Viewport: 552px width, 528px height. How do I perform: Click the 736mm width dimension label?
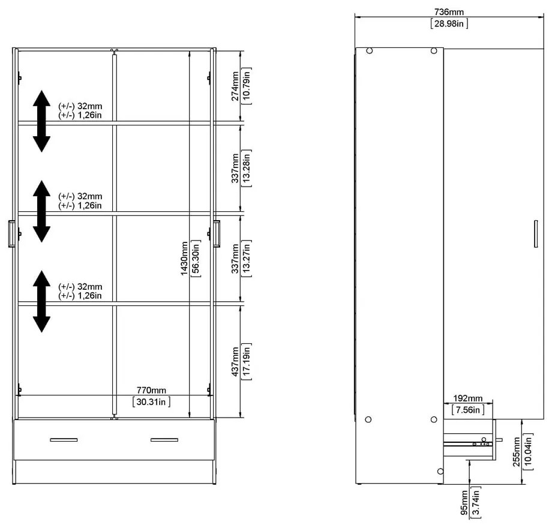pos(449,12)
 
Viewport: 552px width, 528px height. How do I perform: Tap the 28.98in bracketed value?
pos(449,23)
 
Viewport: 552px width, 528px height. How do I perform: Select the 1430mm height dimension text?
pos(184,259)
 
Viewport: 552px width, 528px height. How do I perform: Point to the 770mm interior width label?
pos(151,390)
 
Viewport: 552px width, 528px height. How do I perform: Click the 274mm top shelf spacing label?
pos(235,86)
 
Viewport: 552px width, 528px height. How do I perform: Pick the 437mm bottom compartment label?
pos(235,362)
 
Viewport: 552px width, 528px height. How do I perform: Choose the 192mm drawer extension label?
pos(468,398)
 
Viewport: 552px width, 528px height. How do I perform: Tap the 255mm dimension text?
pos(516,452)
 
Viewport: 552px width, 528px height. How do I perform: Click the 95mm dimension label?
pos(464,503)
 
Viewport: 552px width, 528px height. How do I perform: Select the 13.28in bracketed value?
pos(247,168)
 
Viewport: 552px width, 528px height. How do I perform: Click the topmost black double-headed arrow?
pos(41,121)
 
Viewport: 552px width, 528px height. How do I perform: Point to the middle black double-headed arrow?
pos(41,211)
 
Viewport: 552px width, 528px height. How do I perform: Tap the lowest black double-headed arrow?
pos(41,301)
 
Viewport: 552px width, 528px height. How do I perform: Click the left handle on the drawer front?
pos(64,440)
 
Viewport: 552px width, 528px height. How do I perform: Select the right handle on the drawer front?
pos(164,440)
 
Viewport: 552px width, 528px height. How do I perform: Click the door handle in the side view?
pos(536,234)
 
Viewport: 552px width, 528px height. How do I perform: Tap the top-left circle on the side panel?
pos(369,50)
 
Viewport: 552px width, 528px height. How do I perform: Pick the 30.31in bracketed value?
pos(151,401)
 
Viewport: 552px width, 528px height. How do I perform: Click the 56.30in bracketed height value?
pos(196,259)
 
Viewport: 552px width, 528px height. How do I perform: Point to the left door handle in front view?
pos(11,234)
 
